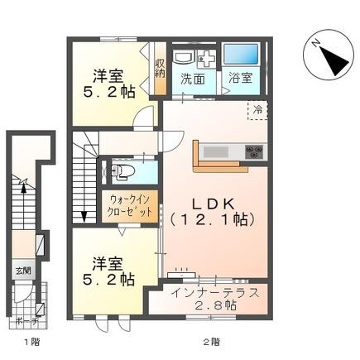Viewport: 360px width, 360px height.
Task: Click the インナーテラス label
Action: pyautogui.click(x=214, y=293)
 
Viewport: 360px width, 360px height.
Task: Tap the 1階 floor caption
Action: pyautogui.click(x=30, y=341)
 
